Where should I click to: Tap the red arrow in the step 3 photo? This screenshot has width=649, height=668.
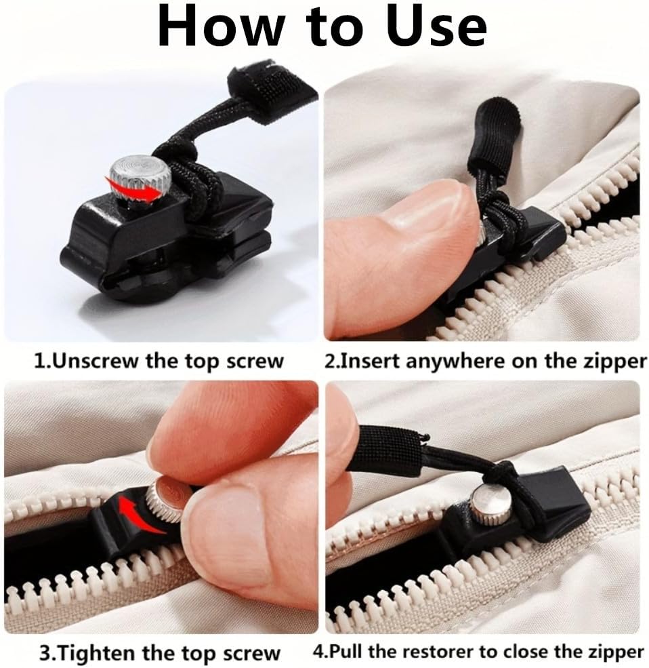click(140, 512)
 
